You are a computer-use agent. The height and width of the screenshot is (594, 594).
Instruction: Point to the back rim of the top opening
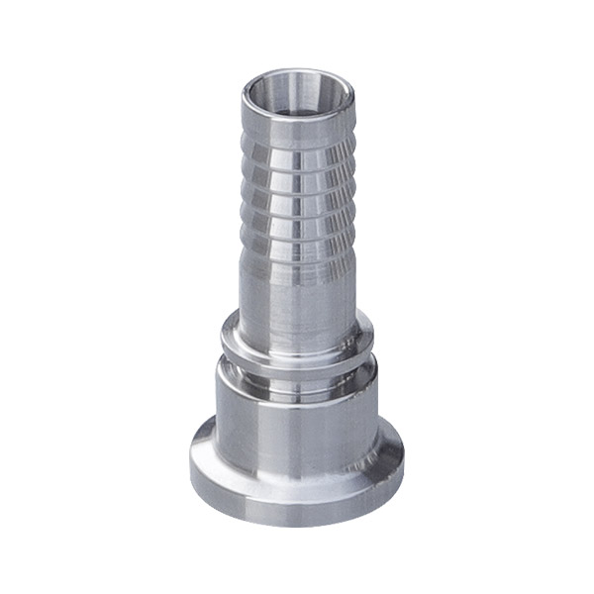tap(294, 73)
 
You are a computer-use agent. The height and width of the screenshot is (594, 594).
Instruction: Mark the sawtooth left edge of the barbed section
tap(241, 213)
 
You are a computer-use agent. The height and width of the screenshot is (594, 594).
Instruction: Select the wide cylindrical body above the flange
tap(294, 436)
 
